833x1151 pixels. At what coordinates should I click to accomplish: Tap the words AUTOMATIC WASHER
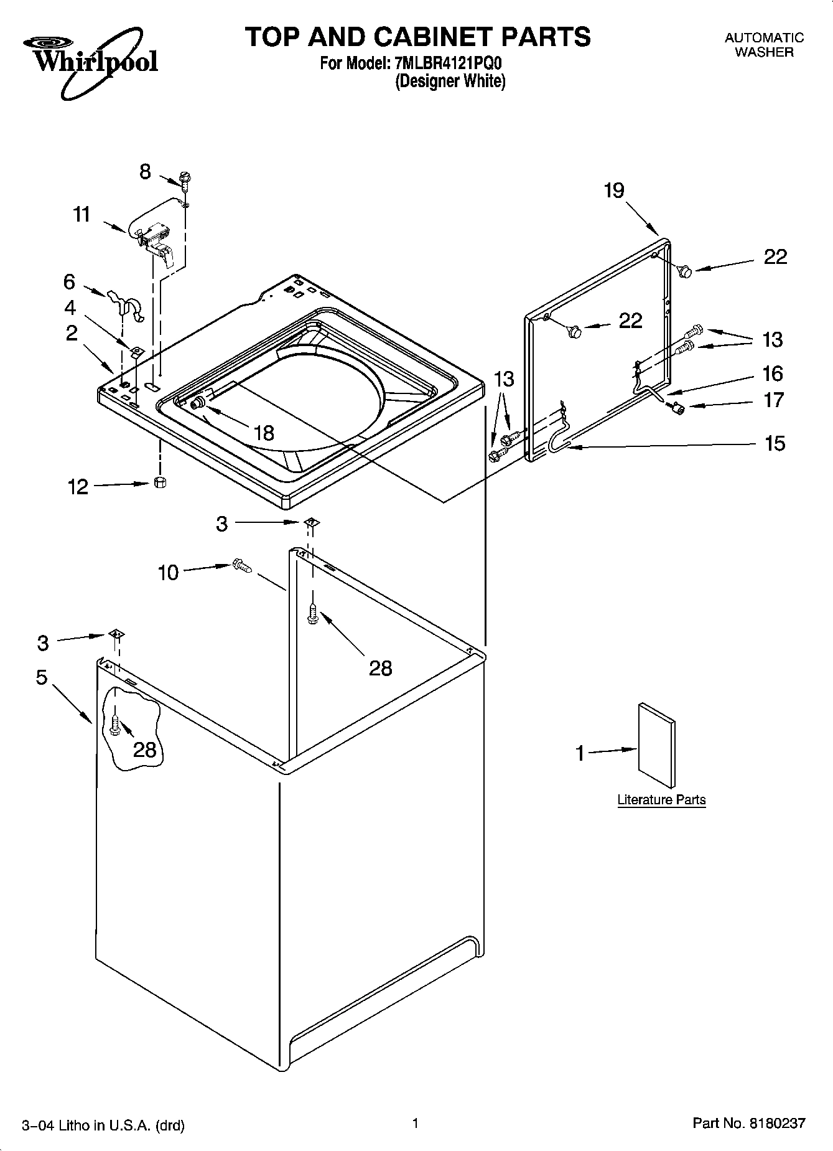pyautogui.click(x=764, y=45)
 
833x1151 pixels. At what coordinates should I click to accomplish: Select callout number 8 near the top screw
pyautogui.click(x=145, y=172)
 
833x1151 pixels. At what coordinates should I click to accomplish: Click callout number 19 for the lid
pyautogui.click(x=613, y=190)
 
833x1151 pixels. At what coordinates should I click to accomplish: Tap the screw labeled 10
pyautogui.click(x=241, y=566)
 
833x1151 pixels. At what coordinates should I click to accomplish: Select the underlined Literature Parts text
pyautogui.click(x=661, y=800)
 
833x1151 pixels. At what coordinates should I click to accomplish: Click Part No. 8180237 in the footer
pyautogui.click(x=748, y=1124)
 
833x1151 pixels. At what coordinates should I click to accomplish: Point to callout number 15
pyautogui.click(x=775, y=443)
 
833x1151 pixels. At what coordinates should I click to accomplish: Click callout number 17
pyautogui.click(x=773, y=400)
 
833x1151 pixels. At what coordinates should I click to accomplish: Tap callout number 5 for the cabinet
pyautogui.click(x=42, y=677)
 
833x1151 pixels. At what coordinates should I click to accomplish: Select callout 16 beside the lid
pyautogui.click(x=773, y=373)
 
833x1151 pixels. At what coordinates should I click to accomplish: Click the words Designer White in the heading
pyautogui.click(x=450, y=81)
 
